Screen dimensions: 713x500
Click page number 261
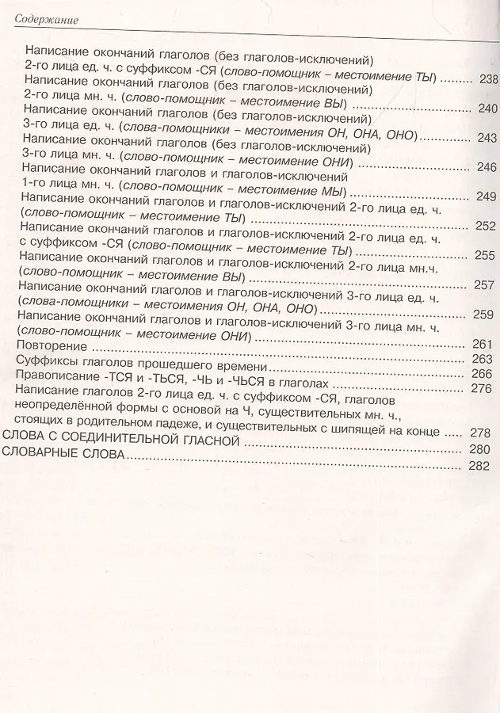point(483,344)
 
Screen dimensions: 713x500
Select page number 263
point(483,359)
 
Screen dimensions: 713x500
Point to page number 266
point(483,374)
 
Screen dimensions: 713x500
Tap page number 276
point(483,388)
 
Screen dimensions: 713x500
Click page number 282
point(480,466)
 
